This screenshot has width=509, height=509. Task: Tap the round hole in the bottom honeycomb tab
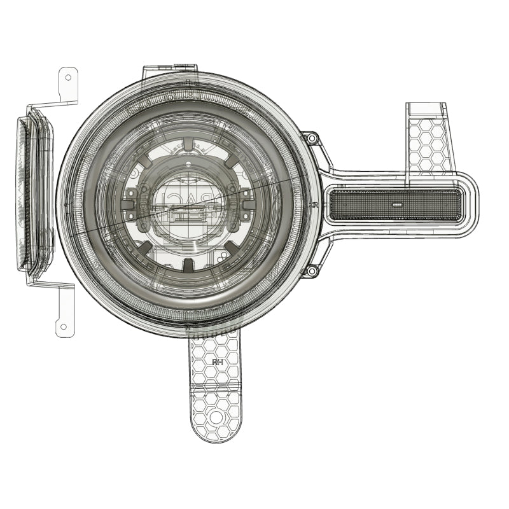point(217,417)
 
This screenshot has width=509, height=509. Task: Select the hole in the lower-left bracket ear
point(62,327)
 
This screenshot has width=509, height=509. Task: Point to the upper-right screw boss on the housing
point(311,139)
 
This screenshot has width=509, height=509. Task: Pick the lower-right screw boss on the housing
point(311,272)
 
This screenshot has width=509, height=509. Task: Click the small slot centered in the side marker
point(397,206)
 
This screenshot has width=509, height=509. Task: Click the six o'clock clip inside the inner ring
point(189,263)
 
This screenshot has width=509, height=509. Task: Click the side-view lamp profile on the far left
point(35,194)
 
